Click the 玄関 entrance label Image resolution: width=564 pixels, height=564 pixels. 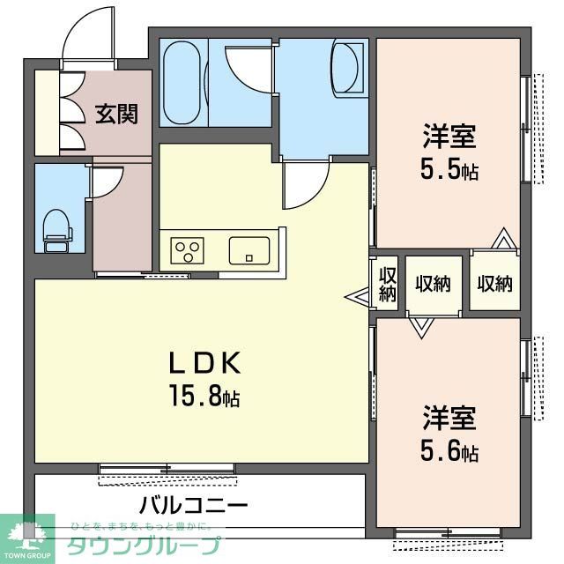click(x=117, y=114)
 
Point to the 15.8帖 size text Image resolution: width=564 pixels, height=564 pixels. click(x=204, y=397)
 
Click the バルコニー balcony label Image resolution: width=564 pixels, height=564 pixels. click(x=193, y=507)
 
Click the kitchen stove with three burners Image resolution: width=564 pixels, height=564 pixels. click(x=188, y=250)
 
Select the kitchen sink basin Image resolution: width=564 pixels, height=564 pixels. click(x=250, y=250)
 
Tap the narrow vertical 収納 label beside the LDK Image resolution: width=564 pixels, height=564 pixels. click(x=387, y=284)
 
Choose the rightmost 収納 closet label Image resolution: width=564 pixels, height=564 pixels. click(x=494, y=284)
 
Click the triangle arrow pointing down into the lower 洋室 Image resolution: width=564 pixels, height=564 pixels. click(x=420, y=327)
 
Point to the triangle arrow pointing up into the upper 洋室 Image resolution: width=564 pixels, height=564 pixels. click(x=503, y=239)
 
